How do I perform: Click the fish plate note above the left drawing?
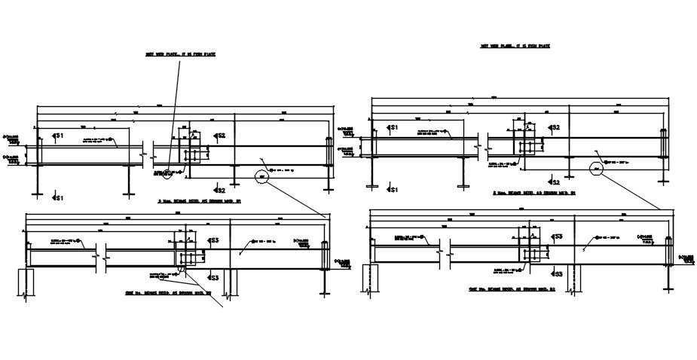(x=180, y=54)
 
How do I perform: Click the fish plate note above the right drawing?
(x=515, y=47)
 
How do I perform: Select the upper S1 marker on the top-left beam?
(x=59, y=135)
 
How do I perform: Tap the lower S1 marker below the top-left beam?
(x=58, y=197)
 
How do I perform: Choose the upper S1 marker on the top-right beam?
(x=392, y=128)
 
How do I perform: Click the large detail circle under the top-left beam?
(x=262, y=176)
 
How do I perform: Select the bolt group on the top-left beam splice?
(x=196, y=154)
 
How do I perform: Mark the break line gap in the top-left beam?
(x=147, y=154)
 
